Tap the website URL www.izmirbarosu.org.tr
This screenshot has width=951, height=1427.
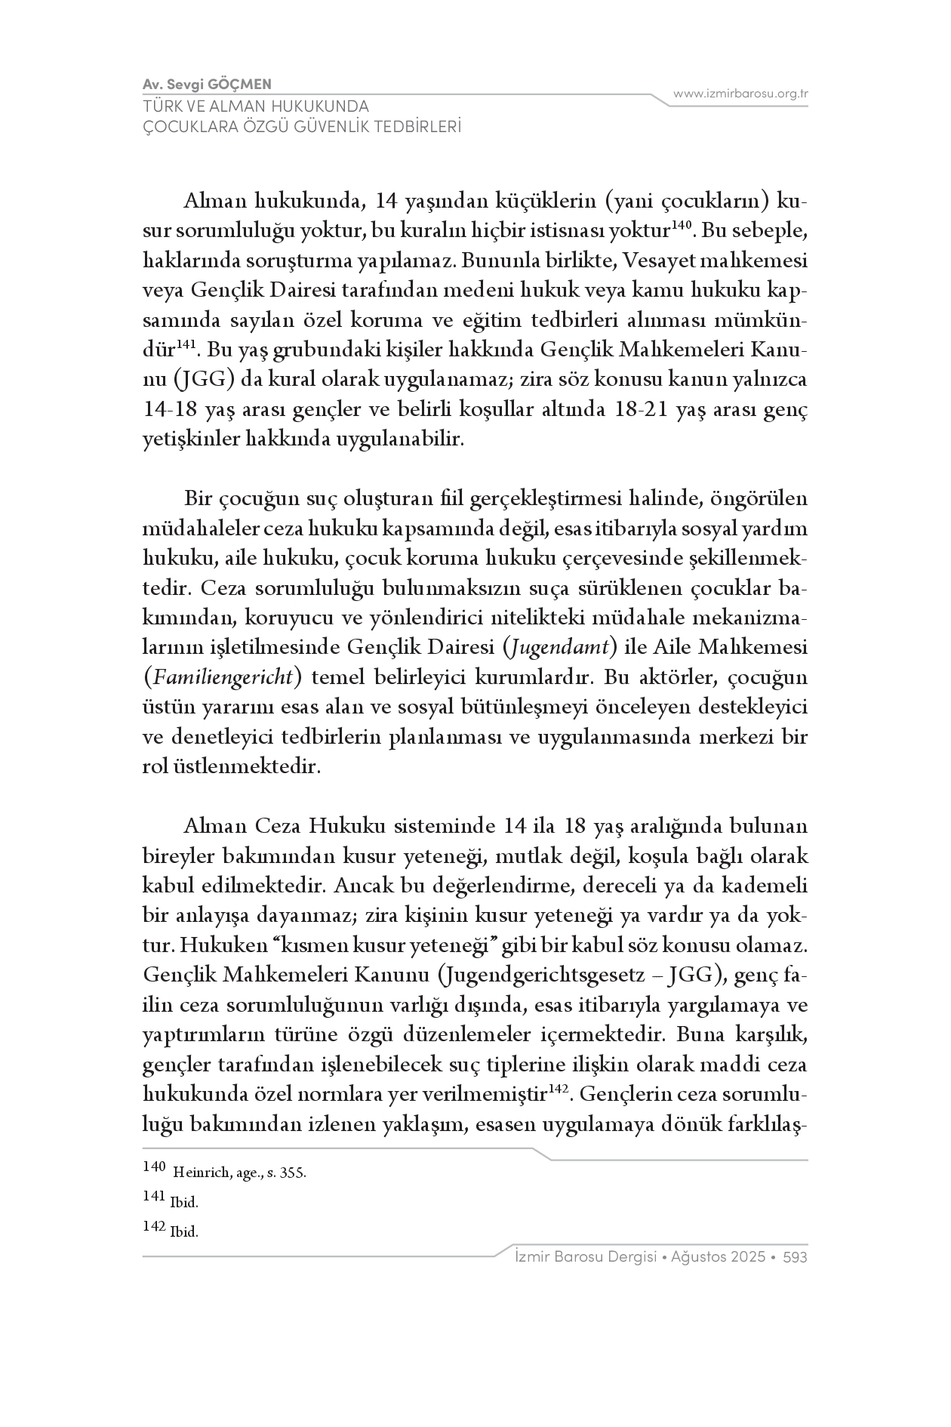click(x=740, y=94)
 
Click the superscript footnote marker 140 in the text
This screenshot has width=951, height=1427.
click(x=681, y=224)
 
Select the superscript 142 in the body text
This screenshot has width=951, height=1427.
click(x=558, y=1089)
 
